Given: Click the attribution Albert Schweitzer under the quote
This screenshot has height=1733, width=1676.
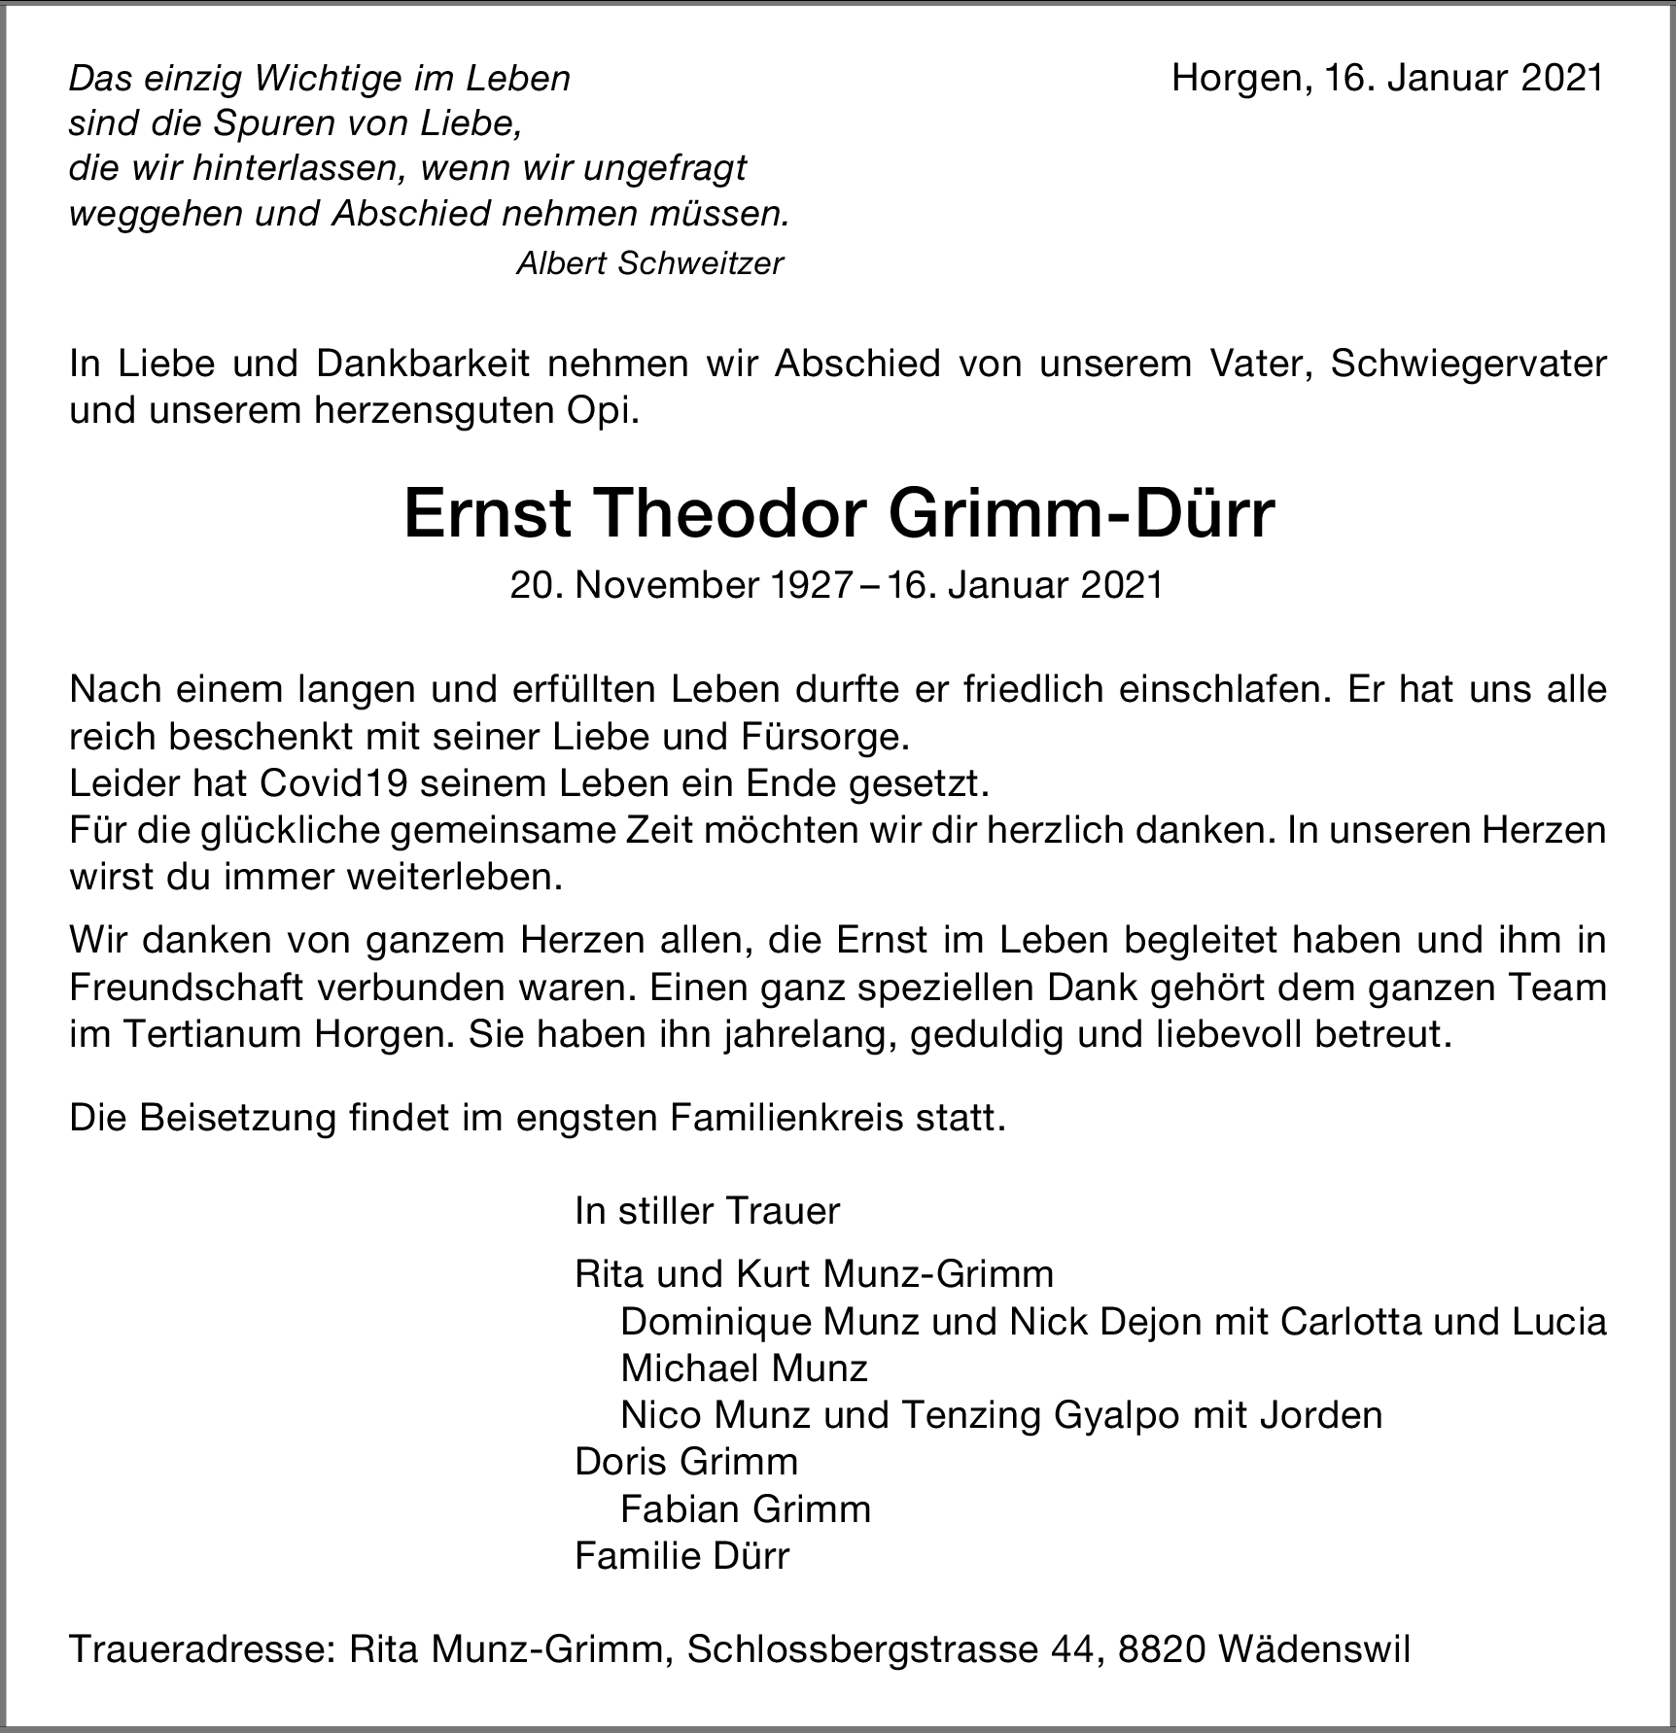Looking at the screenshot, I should pos(649,263).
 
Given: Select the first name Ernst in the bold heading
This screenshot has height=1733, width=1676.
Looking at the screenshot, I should pos(486,514).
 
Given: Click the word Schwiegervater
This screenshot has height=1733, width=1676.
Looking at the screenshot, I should pos(1467,364).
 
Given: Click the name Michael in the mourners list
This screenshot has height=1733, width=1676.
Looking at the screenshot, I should pos(677,1369).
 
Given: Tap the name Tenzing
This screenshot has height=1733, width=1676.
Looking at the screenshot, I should pos(971,1415).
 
